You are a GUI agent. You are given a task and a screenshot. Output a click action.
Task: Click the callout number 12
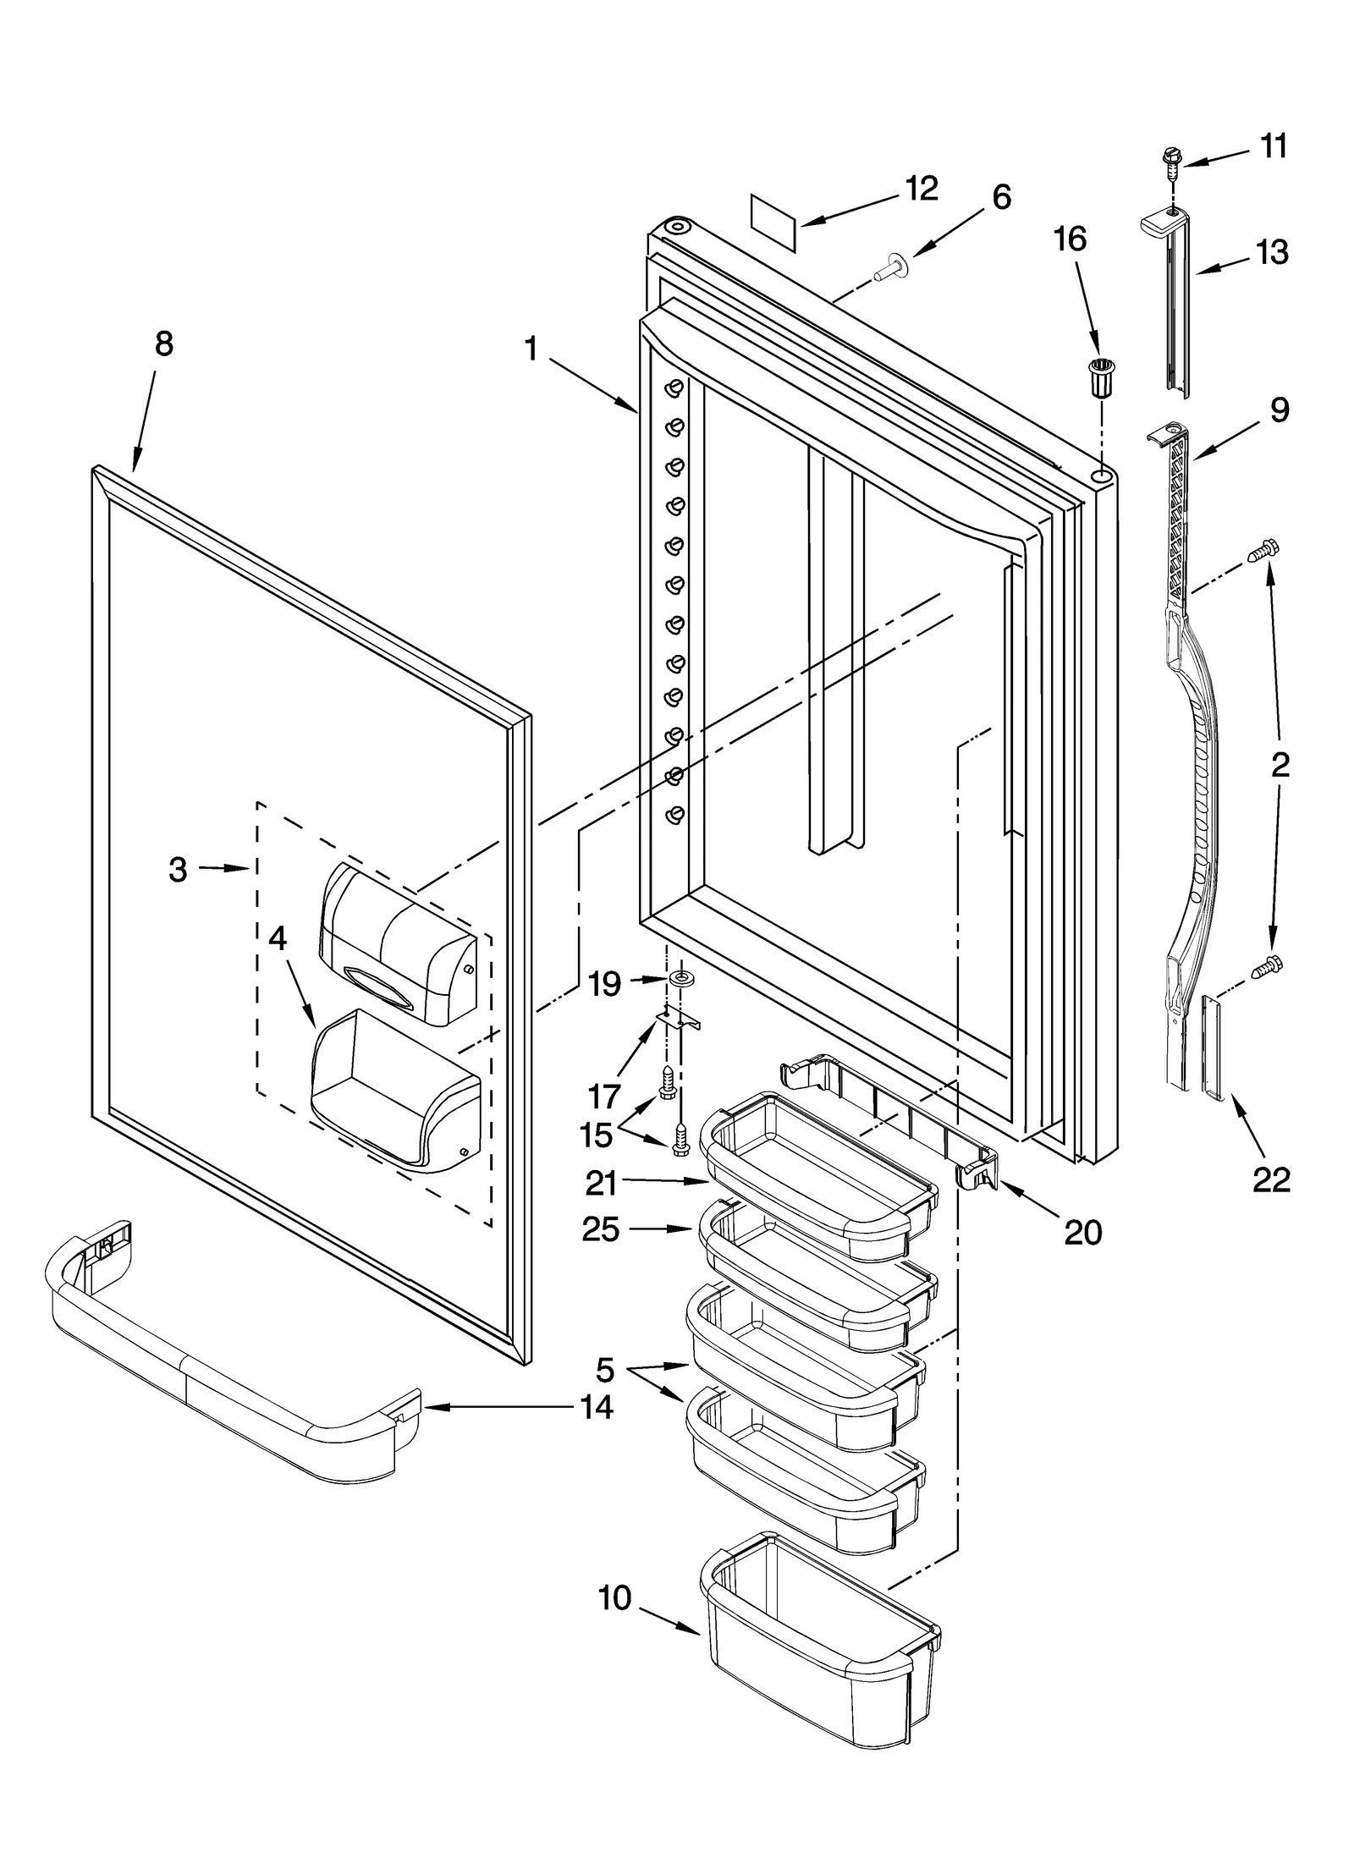pos(920,189)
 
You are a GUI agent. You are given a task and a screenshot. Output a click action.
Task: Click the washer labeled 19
pos(679,979)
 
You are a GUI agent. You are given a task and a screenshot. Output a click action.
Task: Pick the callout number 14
pos(597,1407)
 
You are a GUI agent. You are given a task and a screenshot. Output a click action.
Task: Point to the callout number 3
pos(178,869)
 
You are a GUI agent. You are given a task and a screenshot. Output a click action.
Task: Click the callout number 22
pos(1271,1179)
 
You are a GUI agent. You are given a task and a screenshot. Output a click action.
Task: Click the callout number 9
pos(1279,410)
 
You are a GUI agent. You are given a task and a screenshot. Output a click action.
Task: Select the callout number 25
pos(601,1229)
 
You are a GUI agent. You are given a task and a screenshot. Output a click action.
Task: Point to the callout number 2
pos(1280,765)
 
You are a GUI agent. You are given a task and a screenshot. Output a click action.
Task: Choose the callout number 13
pos(1272,251)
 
